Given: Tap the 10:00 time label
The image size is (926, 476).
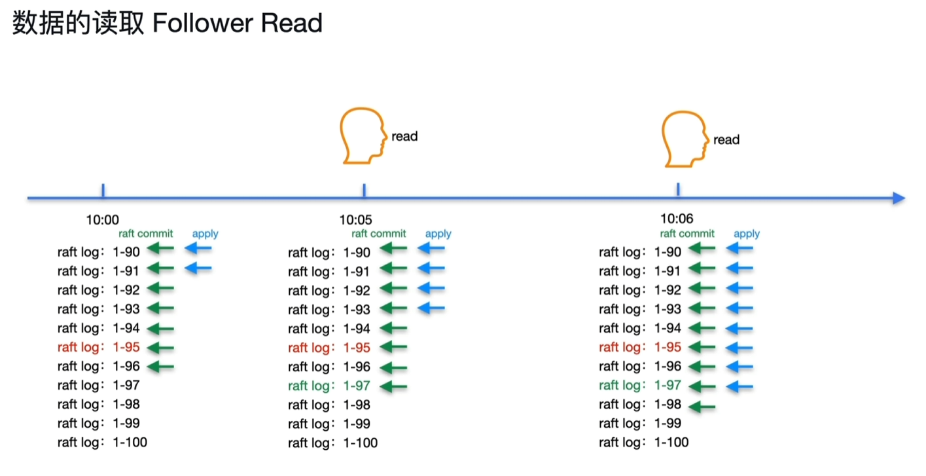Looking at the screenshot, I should (103, 220).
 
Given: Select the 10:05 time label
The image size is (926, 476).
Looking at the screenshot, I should (356, 220).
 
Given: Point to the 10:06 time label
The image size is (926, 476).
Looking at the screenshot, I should (677, 219).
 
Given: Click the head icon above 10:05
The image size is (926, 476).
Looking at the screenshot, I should (363, 137).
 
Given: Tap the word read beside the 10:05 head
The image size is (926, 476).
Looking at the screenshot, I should (404, 136).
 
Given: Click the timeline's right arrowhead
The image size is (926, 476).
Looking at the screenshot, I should (899, 198).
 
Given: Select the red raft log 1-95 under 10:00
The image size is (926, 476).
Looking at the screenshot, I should (99, 347).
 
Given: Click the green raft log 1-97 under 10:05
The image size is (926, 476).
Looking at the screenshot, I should (329, 386).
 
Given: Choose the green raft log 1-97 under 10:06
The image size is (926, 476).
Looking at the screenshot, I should (640, 386).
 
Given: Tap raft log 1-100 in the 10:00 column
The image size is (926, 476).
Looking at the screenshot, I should (102, 443).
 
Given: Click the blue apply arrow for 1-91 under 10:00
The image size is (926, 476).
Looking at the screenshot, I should (198, 268).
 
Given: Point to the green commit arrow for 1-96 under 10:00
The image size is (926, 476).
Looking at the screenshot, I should (160, 367).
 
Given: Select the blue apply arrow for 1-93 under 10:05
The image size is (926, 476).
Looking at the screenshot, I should (431, 308).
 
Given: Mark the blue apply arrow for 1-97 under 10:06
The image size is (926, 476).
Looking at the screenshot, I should (740, 386).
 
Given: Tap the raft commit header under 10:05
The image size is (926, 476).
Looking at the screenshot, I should (379, 234).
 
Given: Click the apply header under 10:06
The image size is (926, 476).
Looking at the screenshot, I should (747, 234).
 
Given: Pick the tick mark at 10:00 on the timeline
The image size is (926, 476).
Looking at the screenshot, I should (103, 191).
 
